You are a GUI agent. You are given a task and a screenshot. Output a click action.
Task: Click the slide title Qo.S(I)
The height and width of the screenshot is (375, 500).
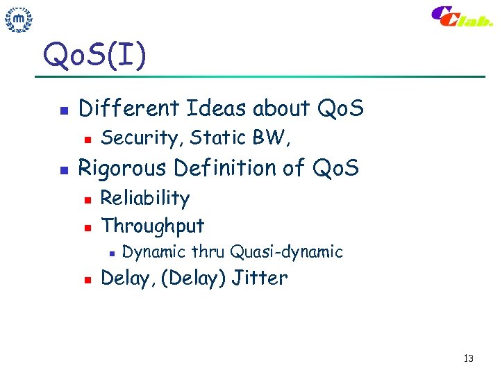pyautogui.click(x=94, y=55)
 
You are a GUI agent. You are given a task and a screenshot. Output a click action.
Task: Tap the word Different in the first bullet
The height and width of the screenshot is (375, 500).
pyautogui.click(x=129, y=108)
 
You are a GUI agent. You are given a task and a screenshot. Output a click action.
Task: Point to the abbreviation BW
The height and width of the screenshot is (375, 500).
pyautogui.click(x=271, y=137)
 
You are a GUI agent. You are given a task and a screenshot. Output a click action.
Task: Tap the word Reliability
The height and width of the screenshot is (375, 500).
pyautogui.click(x=145, y=199)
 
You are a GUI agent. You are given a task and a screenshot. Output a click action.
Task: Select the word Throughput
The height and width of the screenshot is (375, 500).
pyautogui.click(x=153, y=226)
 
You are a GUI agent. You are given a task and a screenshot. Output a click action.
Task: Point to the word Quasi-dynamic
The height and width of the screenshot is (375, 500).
pyautogui.click(x=286, y=251)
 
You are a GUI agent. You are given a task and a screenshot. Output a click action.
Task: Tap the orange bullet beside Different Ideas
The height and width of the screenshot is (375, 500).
pyautogui.click(x=63, y=110)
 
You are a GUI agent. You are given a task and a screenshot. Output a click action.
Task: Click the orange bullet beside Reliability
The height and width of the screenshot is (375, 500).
pyautogui.click(x=86, y=200)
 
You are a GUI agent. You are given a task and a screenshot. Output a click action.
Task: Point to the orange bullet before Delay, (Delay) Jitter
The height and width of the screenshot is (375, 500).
pyautogui.click(x=86, y=280)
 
